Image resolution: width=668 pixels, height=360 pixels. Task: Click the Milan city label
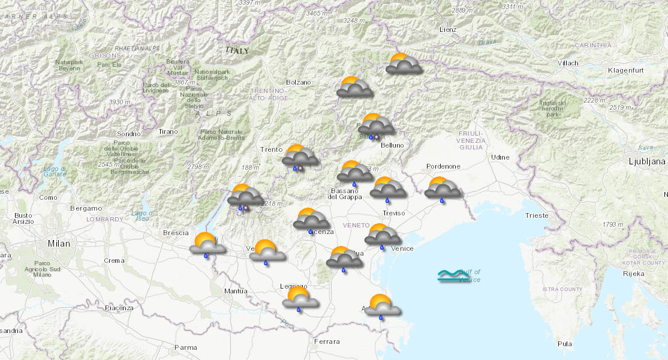click(x=59, y=244)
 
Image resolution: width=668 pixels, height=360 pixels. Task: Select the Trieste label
click(x=536, y=215)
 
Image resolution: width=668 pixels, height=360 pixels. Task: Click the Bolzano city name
click(x=298, y=82)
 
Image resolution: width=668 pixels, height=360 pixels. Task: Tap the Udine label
click(x=500, y=157)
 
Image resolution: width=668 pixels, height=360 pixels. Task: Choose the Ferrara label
click(x=326, y=341)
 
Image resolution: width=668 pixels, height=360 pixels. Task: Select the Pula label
click(x=564, y=344)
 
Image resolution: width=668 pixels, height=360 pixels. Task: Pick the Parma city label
click(x=185, y=347)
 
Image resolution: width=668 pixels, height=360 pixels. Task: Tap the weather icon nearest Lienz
click(x=404, y=64)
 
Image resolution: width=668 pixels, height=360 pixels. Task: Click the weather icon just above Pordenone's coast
click(x=443, y=188)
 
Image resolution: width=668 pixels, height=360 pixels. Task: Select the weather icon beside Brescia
click(x=207, y=244)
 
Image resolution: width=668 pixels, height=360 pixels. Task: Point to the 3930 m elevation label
click(x=119, y=102)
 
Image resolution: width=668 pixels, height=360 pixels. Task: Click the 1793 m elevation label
click(x=613, y=224)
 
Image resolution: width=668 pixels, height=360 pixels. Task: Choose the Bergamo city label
click(x=86, y=208)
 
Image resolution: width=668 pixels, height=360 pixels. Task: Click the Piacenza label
click(x=119, y=308)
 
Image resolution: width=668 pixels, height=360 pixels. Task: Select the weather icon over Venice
click(x=383, y=235)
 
